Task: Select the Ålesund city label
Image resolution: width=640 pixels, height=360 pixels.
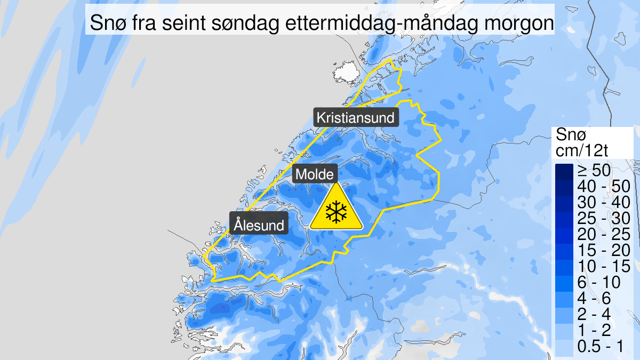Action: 259,225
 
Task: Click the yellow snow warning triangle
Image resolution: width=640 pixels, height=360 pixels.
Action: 337,210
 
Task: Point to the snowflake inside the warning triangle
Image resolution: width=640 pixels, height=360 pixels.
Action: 337,212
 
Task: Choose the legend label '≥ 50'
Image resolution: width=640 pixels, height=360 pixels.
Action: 593,171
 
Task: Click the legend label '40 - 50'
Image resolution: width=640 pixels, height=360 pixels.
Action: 603,187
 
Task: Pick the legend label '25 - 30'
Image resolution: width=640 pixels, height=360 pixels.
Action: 603,218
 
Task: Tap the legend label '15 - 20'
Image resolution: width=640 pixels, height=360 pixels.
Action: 603,250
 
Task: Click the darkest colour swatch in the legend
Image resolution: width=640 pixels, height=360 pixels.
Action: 564,171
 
